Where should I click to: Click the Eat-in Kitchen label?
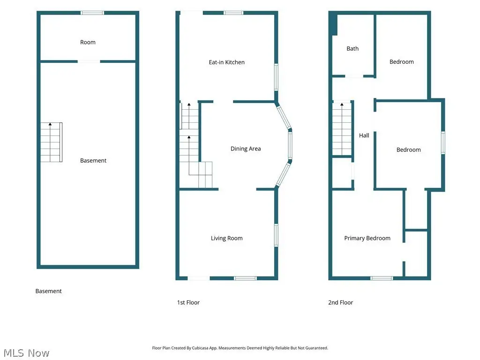point(226,62)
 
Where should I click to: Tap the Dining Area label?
point(246,149)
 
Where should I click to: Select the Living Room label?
point(226,238)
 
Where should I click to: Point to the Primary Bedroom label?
point(367,238)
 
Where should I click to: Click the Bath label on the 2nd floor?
point(352,49)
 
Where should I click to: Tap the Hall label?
point(364,135)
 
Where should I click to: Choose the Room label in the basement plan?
point(88,42)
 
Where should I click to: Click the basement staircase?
point(52,142)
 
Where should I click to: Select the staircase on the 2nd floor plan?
point(342,129)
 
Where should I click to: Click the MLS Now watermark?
point(26,353)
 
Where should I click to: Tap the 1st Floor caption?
point(188,302)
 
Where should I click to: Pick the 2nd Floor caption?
point(340,302)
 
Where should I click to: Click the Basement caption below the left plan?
point(48,291)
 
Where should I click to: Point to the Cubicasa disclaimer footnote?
point(240,348)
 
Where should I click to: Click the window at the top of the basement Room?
point(92,13)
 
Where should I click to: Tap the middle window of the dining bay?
point(290,145)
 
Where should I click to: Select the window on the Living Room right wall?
point(276,235)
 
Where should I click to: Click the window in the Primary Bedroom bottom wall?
point(382,278)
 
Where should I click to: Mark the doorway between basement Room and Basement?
point(89,61)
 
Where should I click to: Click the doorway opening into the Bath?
point(354,76)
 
